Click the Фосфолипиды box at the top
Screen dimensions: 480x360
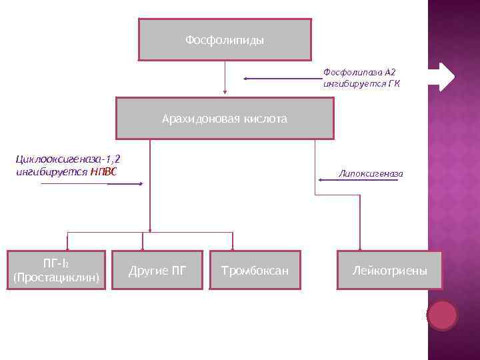click(x=225, y=40)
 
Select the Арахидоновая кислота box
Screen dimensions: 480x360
click(x=225, y=119)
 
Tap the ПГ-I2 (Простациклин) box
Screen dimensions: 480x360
click(x=56, y=269)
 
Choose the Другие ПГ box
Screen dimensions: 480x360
click(x=157, y=271)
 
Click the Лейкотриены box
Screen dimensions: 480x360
click(x=389, y=271)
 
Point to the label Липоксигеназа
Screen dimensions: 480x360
click(x=371, y=173)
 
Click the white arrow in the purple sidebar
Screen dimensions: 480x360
click(x=441, y=77)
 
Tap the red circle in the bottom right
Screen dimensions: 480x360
click(x=442, y=315)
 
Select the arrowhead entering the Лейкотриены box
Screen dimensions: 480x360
click(x=360, y=247)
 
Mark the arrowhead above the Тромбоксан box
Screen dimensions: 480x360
click(x=231, y=247)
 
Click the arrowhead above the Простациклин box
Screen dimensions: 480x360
click(x=66, y=247)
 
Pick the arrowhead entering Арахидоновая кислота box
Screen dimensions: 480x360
click(x=225, y=93)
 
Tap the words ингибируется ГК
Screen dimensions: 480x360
click(x=361, y=85)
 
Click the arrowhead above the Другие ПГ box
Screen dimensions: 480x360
click(x=142, y=247)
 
